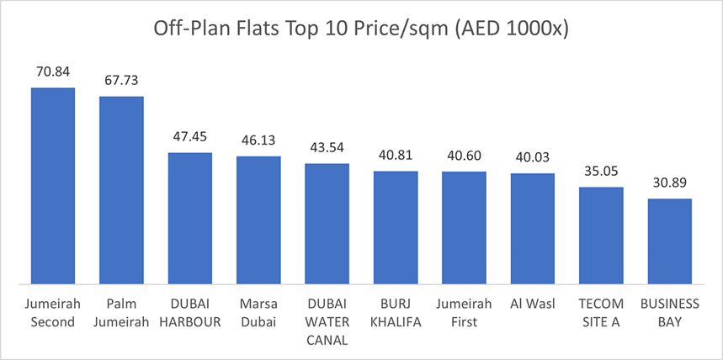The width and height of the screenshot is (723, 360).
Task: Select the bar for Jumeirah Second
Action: (53, 185)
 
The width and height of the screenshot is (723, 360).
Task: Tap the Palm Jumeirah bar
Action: (121, 189)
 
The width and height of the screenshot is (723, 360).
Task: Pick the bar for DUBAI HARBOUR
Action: (190, 218)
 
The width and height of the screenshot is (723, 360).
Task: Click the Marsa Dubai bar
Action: (258, 220)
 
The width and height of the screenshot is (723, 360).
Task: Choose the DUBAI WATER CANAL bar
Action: (327, 223)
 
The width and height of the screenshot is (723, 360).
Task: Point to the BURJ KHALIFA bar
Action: (396, 227)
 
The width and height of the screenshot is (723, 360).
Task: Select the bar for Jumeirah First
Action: (464, 227)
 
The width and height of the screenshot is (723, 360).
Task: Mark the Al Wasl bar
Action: (533, 228)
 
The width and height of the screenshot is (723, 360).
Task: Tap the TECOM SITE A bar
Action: (601, 235)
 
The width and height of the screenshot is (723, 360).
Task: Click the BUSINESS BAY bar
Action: (669, 241)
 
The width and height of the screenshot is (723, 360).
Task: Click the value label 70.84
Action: (53, 71)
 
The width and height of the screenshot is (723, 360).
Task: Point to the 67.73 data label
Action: (121, 81)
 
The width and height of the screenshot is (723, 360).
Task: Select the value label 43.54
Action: (327, 147)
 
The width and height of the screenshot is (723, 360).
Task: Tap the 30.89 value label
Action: (669, 183)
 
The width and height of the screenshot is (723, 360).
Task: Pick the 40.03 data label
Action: (533, 157)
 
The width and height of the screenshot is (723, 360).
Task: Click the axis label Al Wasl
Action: (533, 302)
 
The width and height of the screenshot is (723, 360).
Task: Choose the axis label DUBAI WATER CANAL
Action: (327, 321)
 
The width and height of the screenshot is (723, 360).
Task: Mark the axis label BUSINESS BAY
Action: (669, 311)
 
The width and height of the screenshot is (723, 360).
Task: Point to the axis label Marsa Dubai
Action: (258, 311)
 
